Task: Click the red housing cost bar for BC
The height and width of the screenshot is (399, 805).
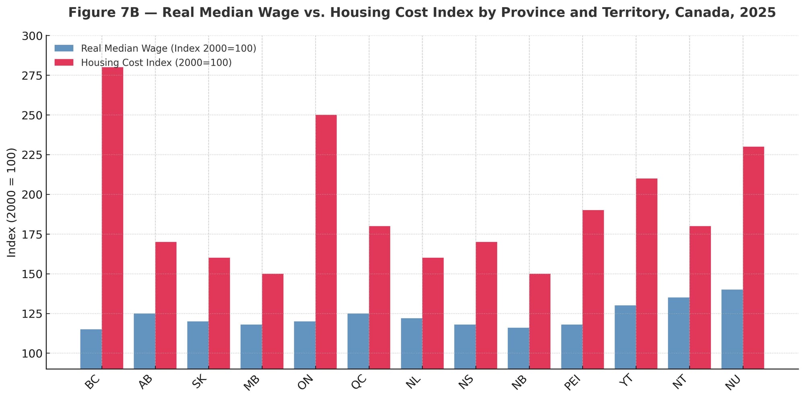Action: [x=112, y=217]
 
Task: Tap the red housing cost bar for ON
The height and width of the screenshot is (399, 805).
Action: [x=326, y=242]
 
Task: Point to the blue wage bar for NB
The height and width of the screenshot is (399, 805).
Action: [x=518, y=348]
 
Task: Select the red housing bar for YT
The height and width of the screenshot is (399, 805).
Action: [x=646, y=273]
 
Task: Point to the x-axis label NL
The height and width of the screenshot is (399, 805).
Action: [x=413, y=381]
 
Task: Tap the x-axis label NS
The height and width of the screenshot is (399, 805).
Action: [x=466, y=381]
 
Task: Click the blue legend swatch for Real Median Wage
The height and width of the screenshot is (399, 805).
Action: [x=64, y=48]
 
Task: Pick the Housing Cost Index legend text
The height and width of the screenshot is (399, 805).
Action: [x=156, y=62]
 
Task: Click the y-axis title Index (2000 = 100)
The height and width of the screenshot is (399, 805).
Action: [x=12, y=202]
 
